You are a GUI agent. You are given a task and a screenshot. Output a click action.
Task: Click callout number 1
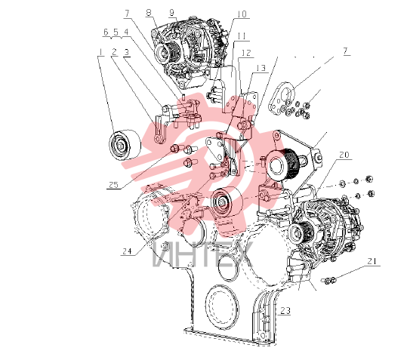point(100,52)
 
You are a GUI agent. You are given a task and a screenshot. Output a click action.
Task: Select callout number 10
point(242,14)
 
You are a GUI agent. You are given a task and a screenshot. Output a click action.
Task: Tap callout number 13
point(261,68)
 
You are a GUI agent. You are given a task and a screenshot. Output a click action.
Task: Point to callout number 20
point(344,155)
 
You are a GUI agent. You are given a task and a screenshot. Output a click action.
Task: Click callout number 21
point(372,261)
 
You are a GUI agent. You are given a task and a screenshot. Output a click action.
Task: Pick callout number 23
point(285,310)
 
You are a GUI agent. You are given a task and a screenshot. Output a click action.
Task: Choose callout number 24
point(127,251)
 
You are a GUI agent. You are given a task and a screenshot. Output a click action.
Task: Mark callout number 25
point(113,185)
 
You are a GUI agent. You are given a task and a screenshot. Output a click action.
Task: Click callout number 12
point(246,53)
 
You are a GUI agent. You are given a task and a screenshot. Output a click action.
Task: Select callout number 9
point(171,13)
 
